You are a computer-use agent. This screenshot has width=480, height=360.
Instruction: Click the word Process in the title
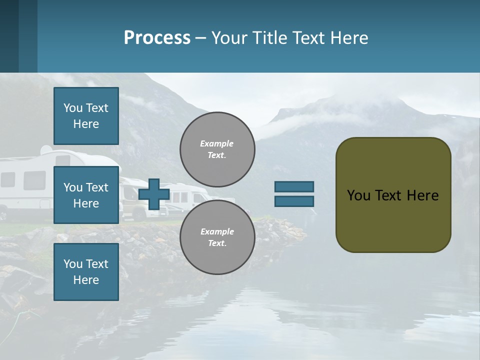click(157, 38)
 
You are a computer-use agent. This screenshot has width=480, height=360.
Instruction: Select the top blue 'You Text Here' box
click(86, 116)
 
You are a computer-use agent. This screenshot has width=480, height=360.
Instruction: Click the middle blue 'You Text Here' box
click(86, 195)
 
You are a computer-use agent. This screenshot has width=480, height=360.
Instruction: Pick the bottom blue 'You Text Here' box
click(86, 272)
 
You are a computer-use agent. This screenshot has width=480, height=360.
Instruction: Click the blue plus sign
click(153, 194)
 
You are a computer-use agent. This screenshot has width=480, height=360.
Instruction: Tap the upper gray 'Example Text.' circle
click(217, 149)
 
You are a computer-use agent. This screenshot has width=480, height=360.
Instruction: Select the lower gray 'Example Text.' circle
click(217, 237)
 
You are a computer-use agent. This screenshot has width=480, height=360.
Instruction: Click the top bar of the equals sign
click(294, 186)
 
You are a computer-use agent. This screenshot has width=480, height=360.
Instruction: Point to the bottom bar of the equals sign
click(294, 201)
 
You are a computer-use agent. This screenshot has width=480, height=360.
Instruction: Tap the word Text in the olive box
click(387, 195)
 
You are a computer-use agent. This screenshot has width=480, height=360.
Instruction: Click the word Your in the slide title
click(228, 38)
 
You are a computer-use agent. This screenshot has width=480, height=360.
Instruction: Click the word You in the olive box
click(358, 195)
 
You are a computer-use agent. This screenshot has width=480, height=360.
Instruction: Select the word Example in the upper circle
click(217, 144)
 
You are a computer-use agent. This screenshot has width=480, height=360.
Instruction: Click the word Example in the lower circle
click(217, 231)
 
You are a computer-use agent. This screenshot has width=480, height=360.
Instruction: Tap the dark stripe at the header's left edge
click(9, 36)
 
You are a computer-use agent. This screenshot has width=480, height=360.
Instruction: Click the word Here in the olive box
click(422, 195)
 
